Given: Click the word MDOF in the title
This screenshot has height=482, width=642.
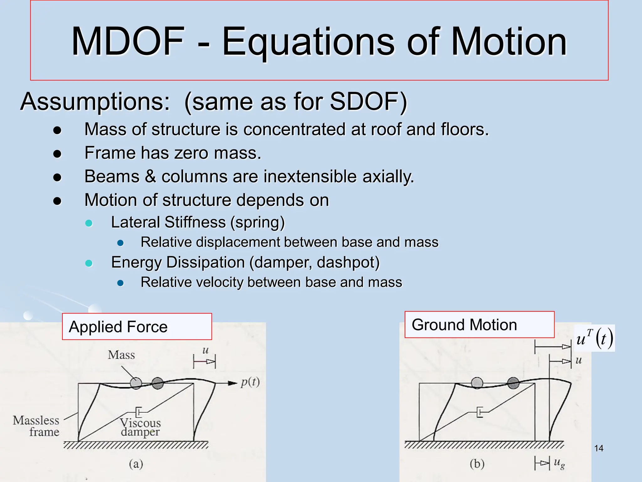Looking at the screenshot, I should (128, 41).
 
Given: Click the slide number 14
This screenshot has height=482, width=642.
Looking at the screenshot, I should (598, 448).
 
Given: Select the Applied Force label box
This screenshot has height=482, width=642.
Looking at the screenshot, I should (137, 327).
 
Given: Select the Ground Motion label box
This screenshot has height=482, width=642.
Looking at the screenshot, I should (479, 325).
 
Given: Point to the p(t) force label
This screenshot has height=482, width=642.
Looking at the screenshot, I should (250, 382).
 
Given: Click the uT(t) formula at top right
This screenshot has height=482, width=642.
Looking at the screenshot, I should (594, 338).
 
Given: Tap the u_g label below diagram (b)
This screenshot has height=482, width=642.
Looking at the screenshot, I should (559, 463).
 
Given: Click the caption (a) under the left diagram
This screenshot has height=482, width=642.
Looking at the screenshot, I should (136, 463).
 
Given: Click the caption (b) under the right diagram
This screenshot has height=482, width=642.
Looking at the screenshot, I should (477, 463).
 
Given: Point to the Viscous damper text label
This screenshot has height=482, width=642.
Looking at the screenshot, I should (140, 427).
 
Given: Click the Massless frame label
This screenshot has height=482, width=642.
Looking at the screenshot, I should (36, 426).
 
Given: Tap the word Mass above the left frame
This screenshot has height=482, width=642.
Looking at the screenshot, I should (121, 355).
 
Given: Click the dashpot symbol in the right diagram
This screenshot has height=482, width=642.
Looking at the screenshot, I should (480, 412).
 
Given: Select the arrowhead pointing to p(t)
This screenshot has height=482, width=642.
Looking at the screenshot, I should (232, 383).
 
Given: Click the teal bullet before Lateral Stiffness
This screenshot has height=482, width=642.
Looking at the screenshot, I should (89, 223).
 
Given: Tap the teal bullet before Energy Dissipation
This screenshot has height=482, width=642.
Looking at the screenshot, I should (89, 263).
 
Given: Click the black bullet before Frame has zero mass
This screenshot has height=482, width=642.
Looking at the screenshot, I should (57, 154).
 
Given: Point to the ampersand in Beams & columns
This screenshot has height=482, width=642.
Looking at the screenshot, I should (150, 176).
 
